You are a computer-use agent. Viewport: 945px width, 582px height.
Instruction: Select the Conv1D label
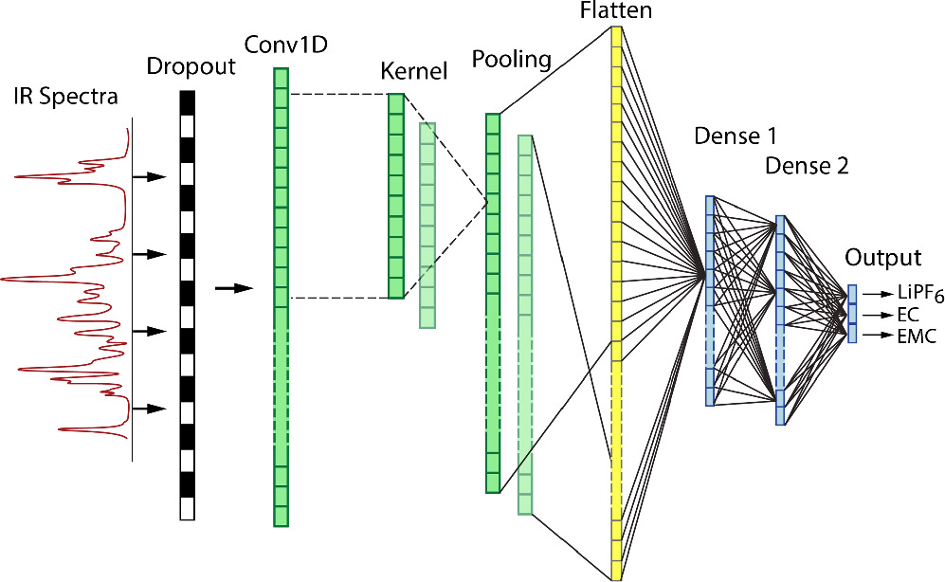[280, 44]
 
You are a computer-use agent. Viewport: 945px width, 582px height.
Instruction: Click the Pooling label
[512, 61]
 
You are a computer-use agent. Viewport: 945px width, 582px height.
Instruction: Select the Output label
[883, 258]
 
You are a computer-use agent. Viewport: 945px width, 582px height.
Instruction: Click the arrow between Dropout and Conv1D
[235, 288]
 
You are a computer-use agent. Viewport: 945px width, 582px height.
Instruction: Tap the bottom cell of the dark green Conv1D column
[281, 516]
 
